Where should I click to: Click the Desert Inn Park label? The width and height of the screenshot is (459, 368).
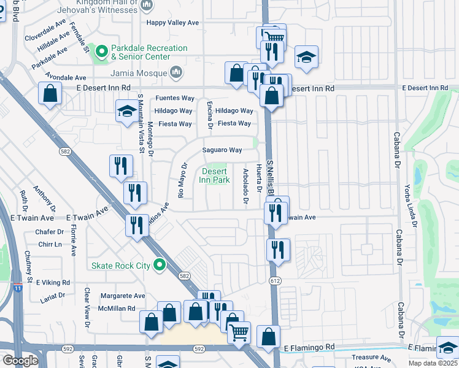click(214, 175)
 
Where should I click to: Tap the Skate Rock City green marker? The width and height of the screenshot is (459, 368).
click(160, 266)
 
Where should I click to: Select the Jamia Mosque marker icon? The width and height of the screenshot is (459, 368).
click(176, 73)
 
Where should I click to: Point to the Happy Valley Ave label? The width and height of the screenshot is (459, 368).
click(172, 23)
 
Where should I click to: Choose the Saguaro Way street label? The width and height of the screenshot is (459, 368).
click(222, 150)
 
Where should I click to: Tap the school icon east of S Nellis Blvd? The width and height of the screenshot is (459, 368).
click(306, 57)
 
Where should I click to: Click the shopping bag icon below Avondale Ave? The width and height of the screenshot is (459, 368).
click(50, 94)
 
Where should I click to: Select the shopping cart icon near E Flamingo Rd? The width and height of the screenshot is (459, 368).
click(239, 332)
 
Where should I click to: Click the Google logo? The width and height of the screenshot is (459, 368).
click(20, 361)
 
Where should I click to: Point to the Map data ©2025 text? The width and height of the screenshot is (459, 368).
click(433, 363)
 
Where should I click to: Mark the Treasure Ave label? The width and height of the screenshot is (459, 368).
click(371, 358)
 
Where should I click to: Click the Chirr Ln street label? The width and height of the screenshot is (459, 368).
click(49, 244)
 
